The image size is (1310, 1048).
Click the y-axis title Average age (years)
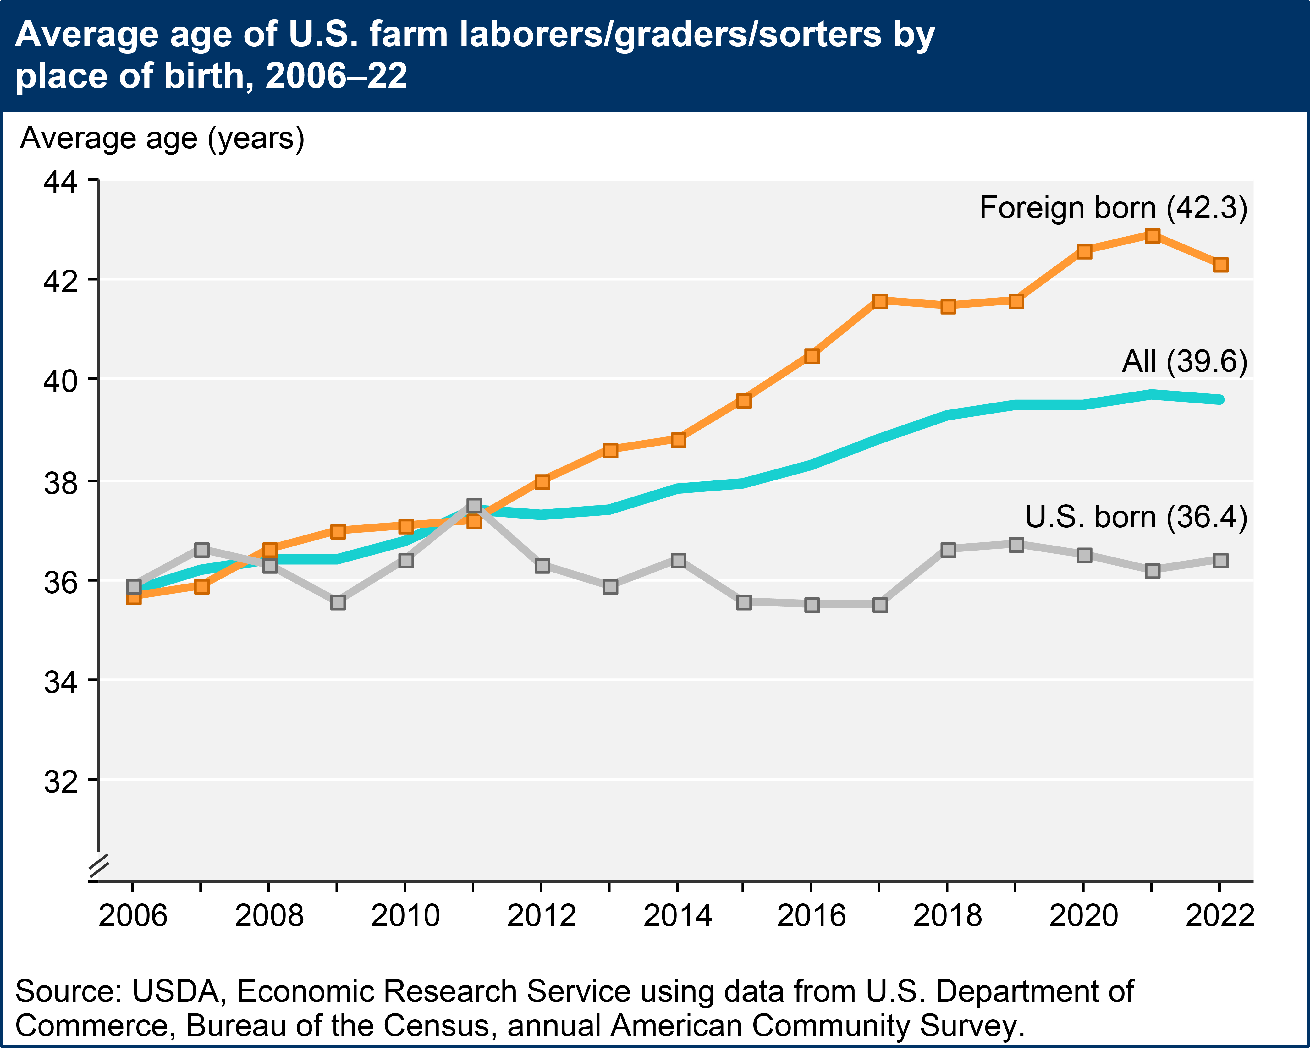pos(162,139)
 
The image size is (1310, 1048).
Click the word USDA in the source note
pos(175,991)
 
